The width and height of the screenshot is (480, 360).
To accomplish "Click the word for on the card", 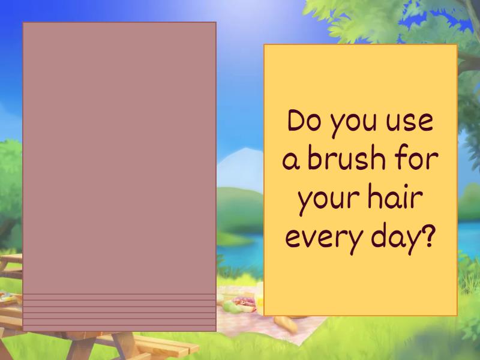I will coord(418,160).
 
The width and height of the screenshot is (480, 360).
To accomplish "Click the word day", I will coord(391,239).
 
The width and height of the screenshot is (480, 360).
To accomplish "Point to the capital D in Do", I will coord(295,122).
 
